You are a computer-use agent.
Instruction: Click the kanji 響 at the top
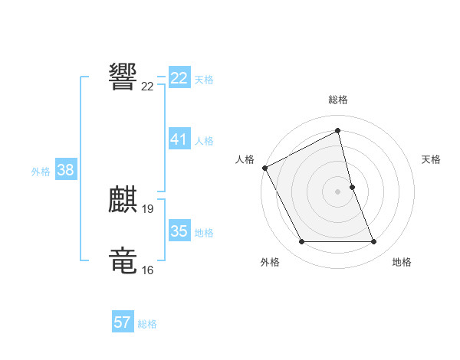pos(123,77)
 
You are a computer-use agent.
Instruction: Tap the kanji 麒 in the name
pos(123,199)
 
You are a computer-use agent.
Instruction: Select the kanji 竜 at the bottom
pos(123,260)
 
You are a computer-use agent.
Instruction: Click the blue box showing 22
pos(179,78)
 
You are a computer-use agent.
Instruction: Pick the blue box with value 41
pos(179,139)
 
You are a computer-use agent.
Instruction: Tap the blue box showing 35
pos(179,231)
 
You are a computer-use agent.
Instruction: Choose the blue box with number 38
pos(65,171)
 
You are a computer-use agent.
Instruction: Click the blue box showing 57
pos(123,322)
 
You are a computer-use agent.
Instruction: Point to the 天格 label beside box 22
pos(204,80)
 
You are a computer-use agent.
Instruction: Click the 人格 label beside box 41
pos(204,141)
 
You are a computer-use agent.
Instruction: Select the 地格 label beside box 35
pos(204,233)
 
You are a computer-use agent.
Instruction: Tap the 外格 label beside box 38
pos(41,172)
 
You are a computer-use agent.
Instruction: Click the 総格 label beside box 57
pos(147,324)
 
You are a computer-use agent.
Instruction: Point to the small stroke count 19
pos(148,208)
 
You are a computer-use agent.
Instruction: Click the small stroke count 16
pos(148,270)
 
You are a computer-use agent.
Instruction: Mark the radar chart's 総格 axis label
pos(338,100)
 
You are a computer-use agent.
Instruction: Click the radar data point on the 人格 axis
pos(264,167)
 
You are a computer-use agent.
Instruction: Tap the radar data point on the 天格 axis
pos(352,186)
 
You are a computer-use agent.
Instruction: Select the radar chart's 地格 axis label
pos(402,262)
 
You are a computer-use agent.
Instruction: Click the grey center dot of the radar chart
pos(338,191)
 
